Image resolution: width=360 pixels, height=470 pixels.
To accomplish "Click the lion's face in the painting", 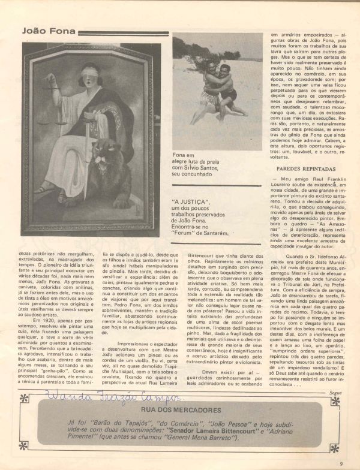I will click(x=128, y=170).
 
